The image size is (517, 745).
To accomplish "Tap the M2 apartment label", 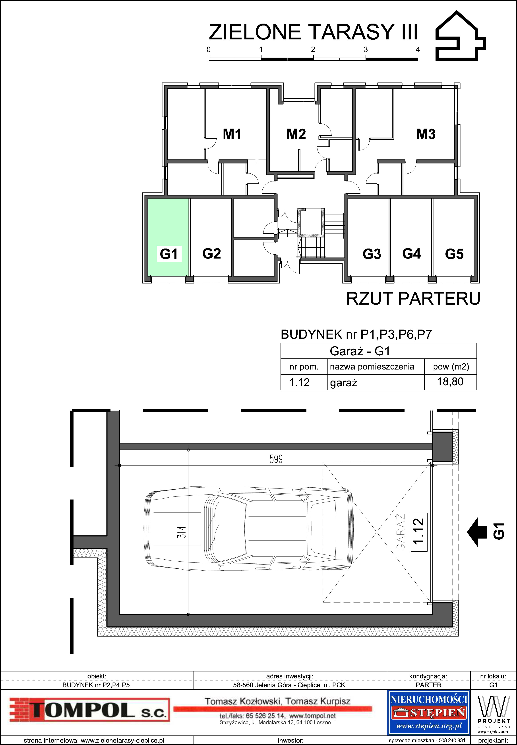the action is (296, 134).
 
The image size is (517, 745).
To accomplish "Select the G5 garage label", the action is (454, 254).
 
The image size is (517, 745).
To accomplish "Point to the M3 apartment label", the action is (426, 134).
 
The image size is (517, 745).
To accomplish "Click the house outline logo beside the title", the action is (460, 36).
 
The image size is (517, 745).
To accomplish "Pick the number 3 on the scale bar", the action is (366, 50).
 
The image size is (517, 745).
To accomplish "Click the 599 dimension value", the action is (276, 459).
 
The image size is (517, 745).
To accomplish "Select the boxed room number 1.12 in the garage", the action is (419, 532).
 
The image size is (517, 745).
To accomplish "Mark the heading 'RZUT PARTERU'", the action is (413, 298).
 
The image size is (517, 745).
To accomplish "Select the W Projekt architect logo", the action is (493, 714).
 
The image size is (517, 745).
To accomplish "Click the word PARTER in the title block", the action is (428, 685).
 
